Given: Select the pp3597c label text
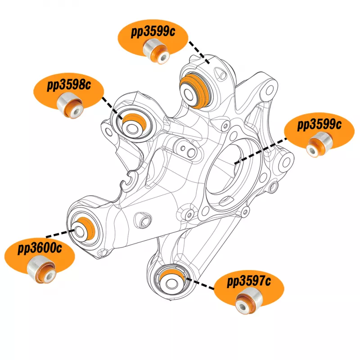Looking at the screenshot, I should tap(249, 282).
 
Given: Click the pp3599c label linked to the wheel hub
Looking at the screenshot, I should tap(319, 125).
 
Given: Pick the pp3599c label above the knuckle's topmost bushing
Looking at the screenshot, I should tap(153, 32).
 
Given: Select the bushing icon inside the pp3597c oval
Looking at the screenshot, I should tap(248, 302).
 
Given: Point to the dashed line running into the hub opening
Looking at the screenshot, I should tap(261, 150).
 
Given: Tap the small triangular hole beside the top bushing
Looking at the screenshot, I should tap(219, 72).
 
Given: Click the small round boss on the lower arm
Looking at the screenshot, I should tap(145, 219).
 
